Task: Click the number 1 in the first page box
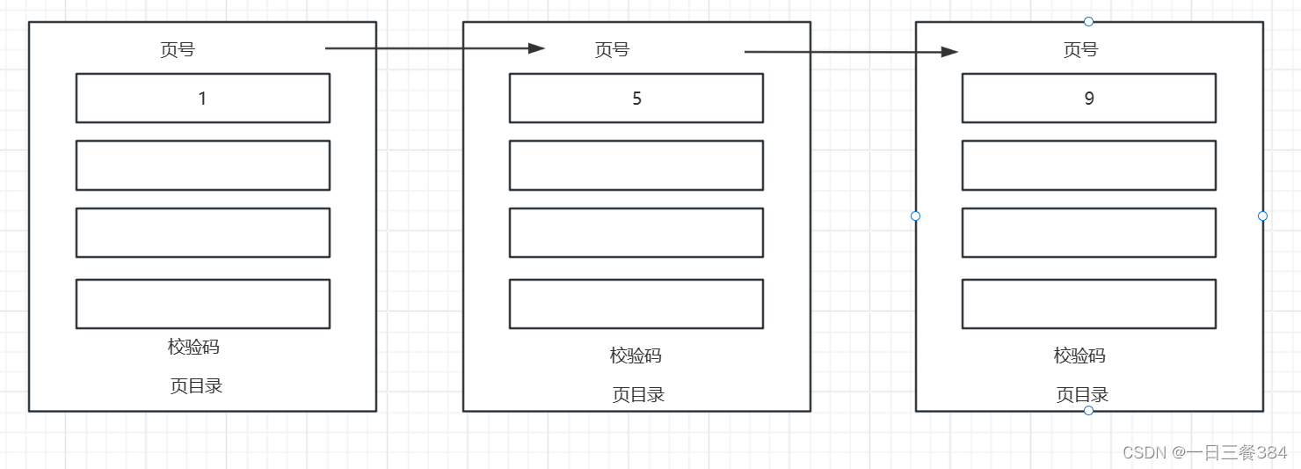[202, 99]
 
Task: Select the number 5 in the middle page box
[636, 99]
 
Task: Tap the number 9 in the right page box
[1088, 99]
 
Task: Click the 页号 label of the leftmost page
[178, 50]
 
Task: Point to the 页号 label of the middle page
[612, 50]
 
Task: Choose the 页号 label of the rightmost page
[1080, 50]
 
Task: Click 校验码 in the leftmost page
[193, 347]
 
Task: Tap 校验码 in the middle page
[636, 355]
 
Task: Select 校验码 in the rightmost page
[1079, 355]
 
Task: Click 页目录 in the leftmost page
[196, 385]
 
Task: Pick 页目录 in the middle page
[638, 394]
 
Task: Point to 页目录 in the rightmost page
[1082, 394]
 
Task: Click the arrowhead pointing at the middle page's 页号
[536, 48]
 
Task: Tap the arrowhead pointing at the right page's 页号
[948, 52]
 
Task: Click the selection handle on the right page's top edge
[1088, 21]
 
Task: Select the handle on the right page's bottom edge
[1088, 411]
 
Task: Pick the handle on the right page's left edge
[915, 216]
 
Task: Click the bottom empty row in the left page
[202, 304]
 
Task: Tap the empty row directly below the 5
[636, 165]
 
